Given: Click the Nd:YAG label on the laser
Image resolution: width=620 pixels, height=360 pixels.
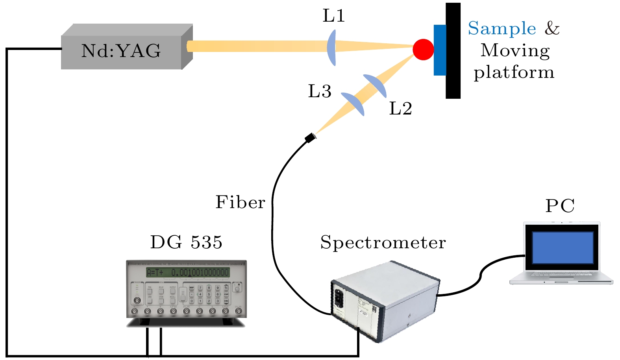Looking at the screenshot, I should [121, 51].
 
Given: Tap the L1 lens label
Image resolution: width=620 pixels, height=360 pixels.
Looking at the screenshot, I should [334, 16].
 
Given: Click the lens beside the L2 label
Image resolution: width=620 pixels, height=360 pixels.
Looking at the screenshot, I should [375, 85].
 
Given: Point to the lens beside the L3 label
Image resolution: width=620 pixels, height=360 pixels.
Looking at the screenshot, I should [353, 104].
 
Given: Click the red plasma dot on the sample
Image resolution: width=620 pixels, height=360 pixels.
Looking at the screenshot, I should [423, 50].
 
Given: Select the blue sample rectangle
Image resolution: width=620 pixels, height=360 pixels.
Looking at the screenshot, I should [440, 50].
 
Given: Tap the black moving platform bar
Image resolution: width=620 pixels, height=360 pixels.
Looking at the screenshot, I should [453, 50].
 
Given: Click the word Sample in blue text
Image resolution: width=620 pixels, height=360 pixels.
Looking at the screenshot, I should [502, 29].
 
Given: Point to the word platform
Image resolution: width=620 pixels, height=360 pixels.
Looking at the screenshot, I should [514, 73].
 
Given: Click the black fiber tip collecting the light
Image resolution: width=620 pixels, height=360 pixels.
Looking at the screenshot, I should [311, 138].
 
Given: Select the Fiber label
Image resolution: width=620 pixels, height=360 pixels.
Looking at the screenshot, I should [240, 202].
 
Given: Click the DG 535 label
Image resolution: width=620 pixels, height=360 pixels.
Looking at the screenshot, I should [186, 242].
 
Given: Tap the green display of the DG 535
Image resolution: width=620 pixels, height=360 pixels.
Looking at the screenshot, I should [187, 272].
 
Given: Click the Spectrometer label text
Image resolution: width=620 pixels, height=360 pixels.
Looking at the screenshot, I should [383, 242].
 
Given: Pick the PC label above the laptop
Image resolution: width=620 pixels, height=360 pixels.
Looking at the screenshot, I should [560, 206].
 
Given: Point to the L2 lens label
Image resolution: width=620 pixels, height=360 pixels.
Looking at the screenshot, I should [400, 109].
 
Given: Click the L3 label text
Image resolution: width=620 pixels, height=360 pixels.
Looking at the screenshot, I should [320, 91].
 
